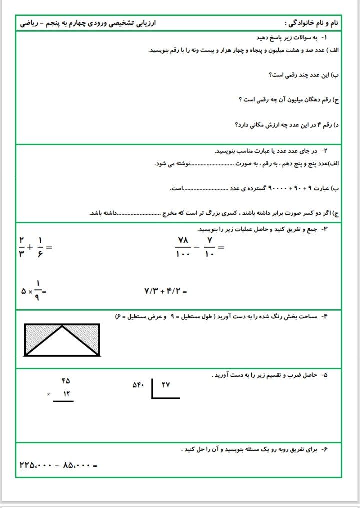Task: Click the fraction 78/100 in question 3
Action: pyautogui.click(x=184, y=247)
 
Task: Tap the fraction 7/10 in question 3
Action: pyautogui.click(x=210, y=247)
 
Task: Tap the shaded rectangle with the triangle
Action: pyautogui.click(x=62, y=340)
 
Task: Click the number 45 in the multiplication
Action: pyautogui.click(x=66, y=381)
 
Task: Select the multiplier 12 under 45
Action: pyautogui.click(x=66, y=394)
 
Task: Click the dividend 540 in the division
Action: pyautogui.click(x=138, y=385)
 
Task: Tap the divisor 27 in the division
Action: pyautogui.click(x=166, y=385)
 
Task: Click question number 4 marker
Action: pyautogui.click(x=324, y=316)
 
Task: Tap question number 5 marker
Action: pyautogui.click(x=324, y=375)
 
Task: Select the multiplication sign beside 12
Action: pyautogui.click(x=49, y=395)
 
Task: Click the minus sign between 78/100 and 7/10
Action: pyautogui.click(x=197, y=247)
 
